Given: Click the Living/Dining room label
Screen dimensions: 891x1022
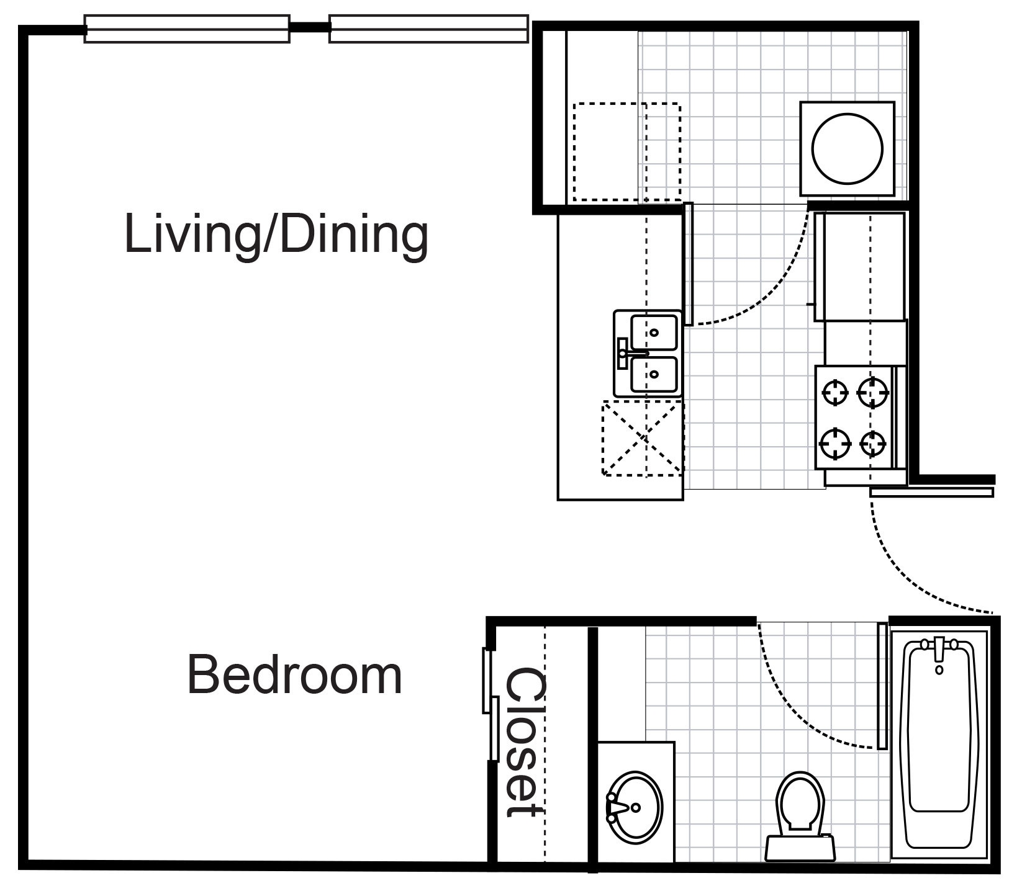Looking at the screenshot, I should click(x=276, y=235).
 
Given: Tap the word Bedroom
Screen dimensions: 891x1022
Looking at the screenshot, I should click(x=294, y=675).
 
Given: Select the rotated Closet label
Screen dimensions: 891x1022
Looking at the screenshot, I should click(x=525, y=742).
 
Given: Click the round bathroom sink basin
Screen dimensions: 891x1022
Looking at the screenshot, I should click(x=635, y=808).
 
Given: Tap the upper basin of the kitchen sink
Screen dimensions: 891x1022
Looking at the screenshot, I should click(x=654, y=332).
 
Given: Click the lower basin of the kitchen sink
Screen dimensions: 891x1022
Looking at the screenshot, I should click(x=654, y=374).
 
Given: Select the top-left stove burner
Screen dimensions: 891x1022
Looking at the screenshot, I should click(x=835, y=392).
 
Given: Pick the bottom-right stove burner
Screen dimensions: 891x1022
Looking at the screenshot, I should click(x=873, y=443).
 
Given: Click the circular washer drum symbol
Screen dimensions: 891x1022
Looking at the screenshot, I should click(x=847, y=149).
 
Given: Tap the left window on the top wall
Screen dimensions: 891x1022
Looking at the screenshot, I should click(x=187, y=29).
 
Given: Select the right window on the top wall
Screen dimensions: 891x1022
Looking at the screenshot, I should click(x=428, y=29).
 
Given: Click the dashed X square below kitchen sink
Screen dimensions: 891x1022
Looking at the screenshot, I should click(x=643, y=438).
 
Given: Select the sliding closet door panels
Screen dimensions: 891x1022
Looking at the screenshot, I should click(x=491, y=704).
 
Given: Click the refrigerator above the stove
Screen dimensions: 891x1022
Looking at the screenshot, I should click(x=860, y=267).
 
